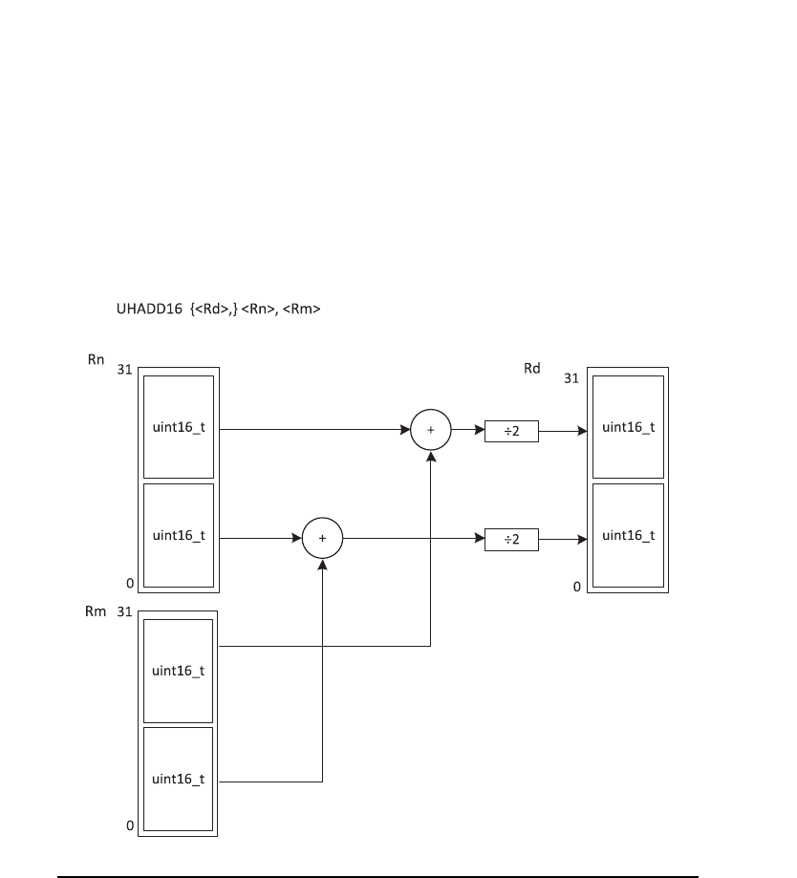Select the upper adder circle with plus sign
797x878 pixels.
point(430,430)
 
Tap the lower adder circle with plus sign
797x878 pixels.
point(322,538)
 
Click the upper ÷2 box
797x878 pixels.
point(511,431)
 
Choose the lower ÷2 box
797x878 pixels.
point(511,539)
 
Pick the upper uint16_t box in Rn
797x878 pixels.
point(179,426)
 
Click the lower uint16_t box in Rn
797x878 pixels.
point(179,535)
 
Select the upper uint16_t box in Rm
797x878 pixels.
point(179,671)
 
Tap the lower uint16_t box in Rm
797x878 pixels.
point(179,779)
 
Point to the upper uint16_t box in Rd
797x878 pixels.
point(628,426)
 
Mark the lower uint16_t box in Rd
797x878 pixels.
point(628,535)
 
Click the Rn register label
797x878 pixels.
point(95,360)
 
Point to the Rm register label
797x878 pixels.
point(95,611)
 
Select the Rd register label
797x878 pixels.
point(531,368)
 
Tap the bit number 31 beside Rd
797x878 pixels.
point(571,378)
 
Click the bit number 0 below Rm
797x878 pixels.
point(130,826)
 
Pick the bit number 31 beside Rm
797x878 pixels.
point(123,612)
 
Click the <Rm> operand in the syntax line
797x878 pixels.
point(301,310)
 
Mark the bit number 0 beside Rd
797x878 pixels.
point(576,586)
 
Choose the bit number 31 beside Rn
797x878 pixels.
point(123,370)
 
